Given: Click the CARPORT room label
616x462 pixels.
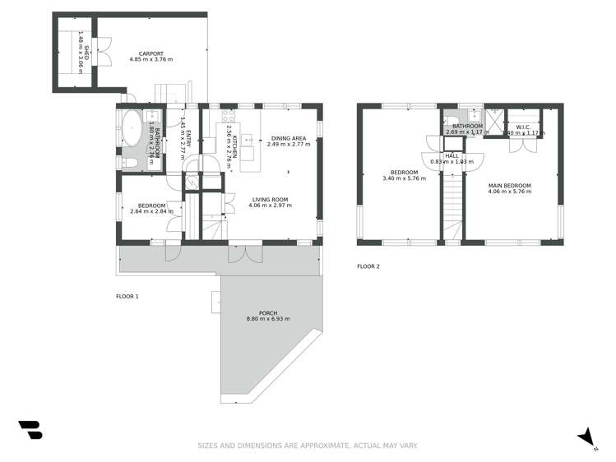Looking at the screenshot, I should [148, 52].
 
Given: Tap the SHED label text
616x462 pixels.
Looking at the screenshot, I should [81, 39].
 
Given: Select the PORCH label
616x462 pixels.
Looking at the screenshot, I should [268, 312].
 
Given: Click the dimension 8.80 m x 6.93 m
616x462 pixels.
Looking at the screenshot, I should [268, 319].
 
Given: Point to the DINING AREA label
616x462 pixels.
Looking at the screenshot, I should [289, 138].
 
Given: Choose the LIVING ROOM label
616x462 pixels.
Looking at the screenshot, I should [269, 199].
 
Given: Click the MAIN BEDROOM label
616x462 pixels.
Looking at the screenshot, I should [509, 186].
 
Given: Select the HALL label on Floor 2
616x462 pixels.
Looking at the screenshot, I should [452, 155].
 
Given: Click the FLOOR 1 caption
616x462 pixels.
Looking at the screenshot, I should [127, 296].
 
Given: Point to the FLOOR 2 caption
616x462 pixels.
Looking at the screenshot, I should [368, 266].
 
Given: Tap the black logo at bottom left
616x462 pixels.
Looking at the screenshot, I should [30, 431].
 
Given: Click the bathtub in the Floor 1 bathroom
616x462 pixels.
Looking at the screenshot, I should [131, 129].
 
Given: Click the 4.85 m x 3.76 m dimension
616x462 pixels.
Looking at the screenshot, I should [148, 59].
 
